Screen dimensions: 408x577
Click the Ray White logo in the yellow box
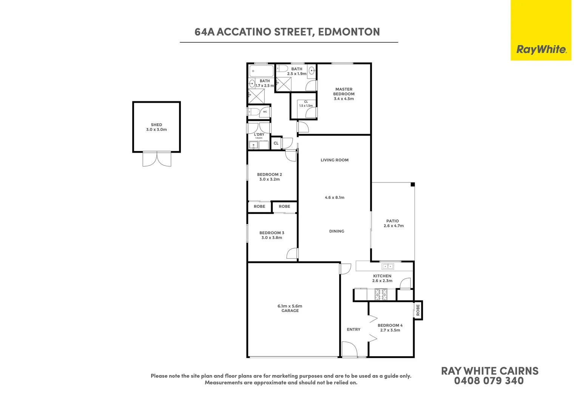tap(541, 49)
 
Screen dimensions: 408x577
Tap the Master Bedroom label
tap(344, 92)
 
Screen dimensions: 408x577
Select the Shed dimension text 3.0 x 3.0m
tap(156, 130)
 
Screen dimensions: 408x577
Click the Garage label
tap(290, 311)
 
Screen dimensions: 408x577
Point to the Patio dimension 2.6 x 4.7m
tap(393, 226)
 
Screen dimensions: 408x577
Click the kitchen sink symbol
tap(387, 266)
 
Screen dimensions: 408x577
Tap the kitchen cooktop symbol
tap(381, 294)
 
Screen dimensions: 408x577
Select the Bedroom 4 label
tap(390, 325)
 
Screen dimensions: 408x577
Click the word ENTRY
tap(353, 329)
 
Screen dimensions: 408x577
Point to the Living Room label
tap(335, 160)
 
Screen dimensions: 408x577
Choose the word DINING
tap(336, 231)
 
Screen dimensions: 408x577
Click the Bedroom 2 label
tap(270, 175)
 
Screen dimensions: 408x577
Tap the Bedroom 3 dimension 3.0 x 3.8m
tap(272, 238)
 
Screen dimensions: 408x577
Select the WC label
tap(265, 112)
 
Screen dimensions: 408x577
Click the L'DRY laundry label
tap(259, 134)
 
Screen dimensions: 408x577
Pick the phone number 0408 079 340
tap(489, 381)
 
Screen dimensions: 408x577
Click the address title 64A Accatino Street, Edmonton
tap(287, 32)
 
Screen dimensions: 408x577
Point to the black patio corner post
tap(413, 184)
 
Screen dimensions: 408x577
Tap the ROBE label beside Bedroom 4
tap(418, 310)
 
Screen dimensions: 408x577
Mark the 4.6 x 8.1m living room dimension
tap(335, 198)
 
